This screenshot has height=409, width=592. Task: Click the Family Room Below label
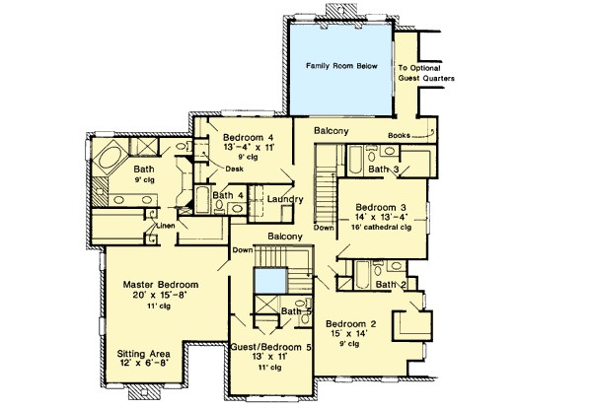click(341, 66)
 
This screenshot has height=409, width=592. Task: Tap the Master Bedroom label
click(161, 284)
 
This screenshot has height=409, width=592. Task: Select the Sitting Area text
click(143, 354)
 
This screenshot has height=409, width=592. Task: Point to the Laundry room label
click(285, 199)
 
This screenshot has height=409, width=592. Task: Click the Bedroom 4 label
click(248, 137)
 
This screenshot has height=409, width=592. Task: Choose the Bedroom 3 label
click(381, 207)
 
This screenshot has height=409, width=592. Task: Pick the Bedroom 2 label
click(350, 324)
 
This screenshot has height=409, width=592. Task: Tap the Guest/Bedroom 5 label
click(271, 347)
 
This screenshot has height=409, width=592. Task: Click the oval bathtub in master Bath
click(111, 159)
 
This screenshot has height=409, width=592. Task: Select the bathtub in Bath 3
click(355, 160)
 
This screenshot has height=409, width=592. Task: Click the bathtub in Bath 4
click(202, 200)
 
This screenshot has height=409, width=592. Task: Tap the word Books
click(399, 135)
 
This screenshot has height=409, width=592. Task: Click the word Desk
click(234, 169)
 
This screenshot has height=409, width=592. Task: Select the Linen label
click(166, 226)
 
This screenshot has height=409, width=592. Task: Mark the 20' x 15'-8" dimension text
click(160, 295)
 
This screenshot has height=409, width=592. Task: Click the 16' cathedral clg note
click(381, 228)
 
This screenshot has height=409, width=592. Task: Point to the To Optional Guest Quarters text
click(426, 73)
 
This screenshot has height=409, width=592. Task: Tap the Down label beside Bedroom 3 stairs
click(324, 228)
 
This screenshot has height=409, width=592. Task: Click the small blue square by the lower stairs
click(270, 281)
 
